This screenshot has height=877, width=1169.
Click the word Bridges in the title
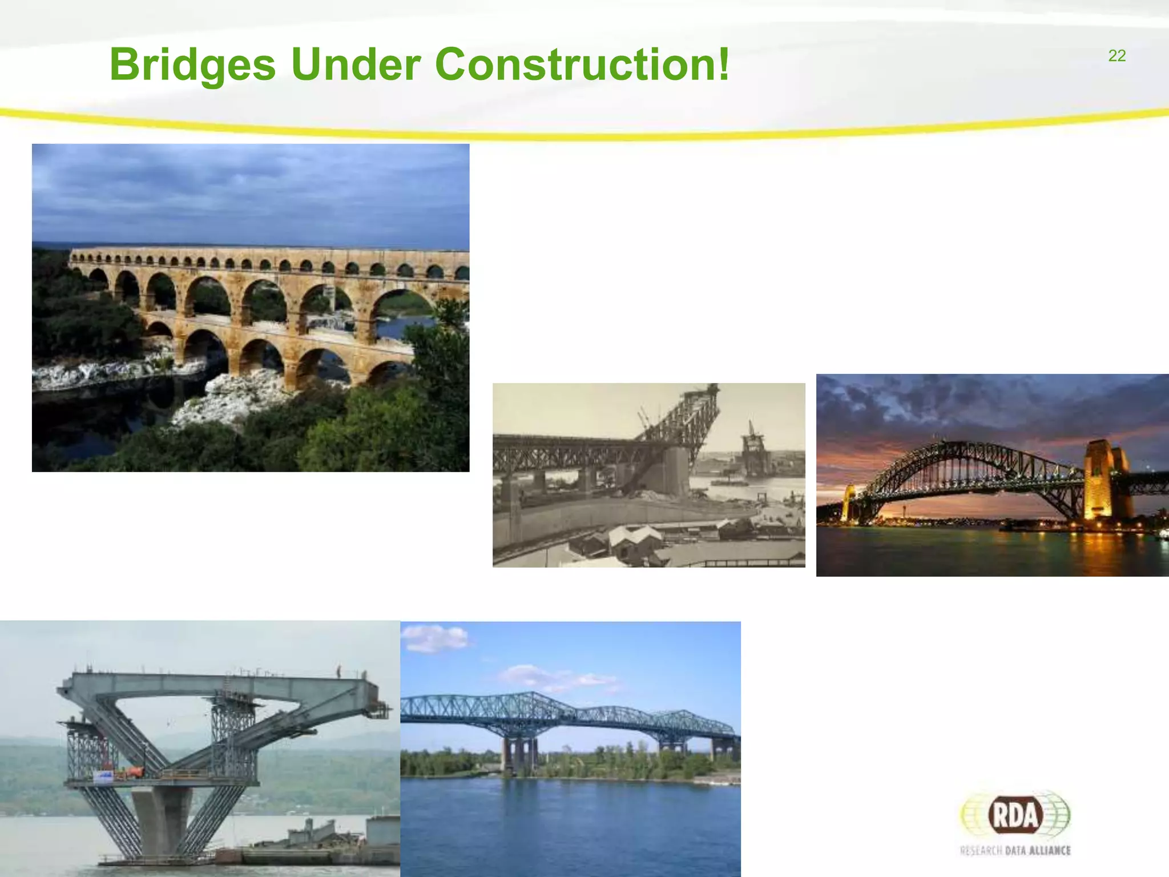pyautogui.click(x=192, y=65)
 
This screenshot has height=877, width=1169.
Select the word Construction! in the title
pyautogui.click(x=582, y=64)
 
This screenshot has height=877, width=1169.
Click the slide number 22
pyautogui.click(x=1116, y=56)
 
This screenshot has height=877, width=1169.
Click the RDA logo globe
pyautogui.click(x=1015, y=815)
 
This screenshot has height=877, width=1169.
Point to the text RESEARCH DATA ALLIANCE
pyautogui.click(x=1015, y=851)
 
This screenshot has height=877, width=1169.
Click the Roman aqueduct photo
pyautogui.click(x=251, y=307)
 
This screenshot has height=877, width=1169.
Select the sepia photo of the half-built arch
pyautogui.click(x=648, y=475)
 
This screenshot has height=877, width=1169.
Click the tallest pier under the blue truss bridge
pyautogui.click(x=518, y=755)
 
